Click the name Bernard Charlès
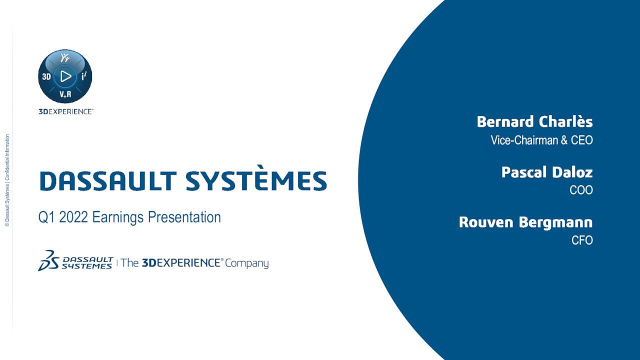tap(534, 122)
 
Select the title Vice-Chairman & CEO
tap(541, 140)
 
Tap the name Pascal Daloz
tap(547, 172)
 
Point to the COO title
tap(581, 190)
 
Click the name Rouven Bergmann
tap(525, 222)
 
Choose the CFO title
tap(582, 240)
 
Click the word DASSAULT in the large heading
tap(108, 180)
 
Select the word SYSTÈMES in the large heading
tap(256, 180)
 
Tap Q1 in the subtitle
tap(47, 217)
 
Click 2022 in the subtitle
tap(73, 217)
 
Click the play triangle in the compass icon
tap(65, 76)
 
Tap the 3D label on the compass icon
tap(46, 77)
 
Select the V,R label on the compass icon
tap(65, 94)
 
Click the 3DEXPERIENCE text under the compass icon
tap(65, 111)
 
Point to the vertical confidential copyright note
tap(7, 180)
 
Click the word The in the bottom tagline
tap(129, 263)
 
